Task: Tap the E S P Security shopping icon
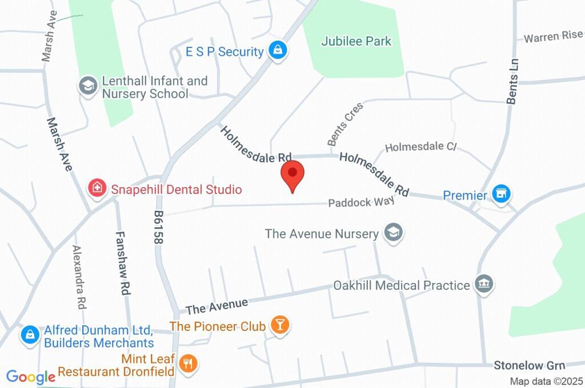[x=278, y=50]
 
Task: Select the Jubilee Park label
[x=356, y=41]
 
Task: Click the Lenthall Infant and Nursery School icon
[x=87, y=86]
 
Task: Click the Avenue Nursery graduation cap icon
[x=394, y=233]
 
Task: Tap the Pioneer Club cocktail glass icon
[x=280, y=325]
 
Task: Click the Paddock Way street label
[x=360, y=203]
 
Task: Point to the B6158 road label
[x=158, y=227]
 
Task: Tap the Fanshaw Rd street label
[x=121, y=262]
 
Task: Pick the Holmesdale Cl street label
[x=421, y=147]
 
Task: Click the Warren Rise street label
[x=553, y=37]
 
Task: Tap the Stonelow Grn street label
[x=529, y=365]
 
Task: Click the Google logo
[x=30, y=377]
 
